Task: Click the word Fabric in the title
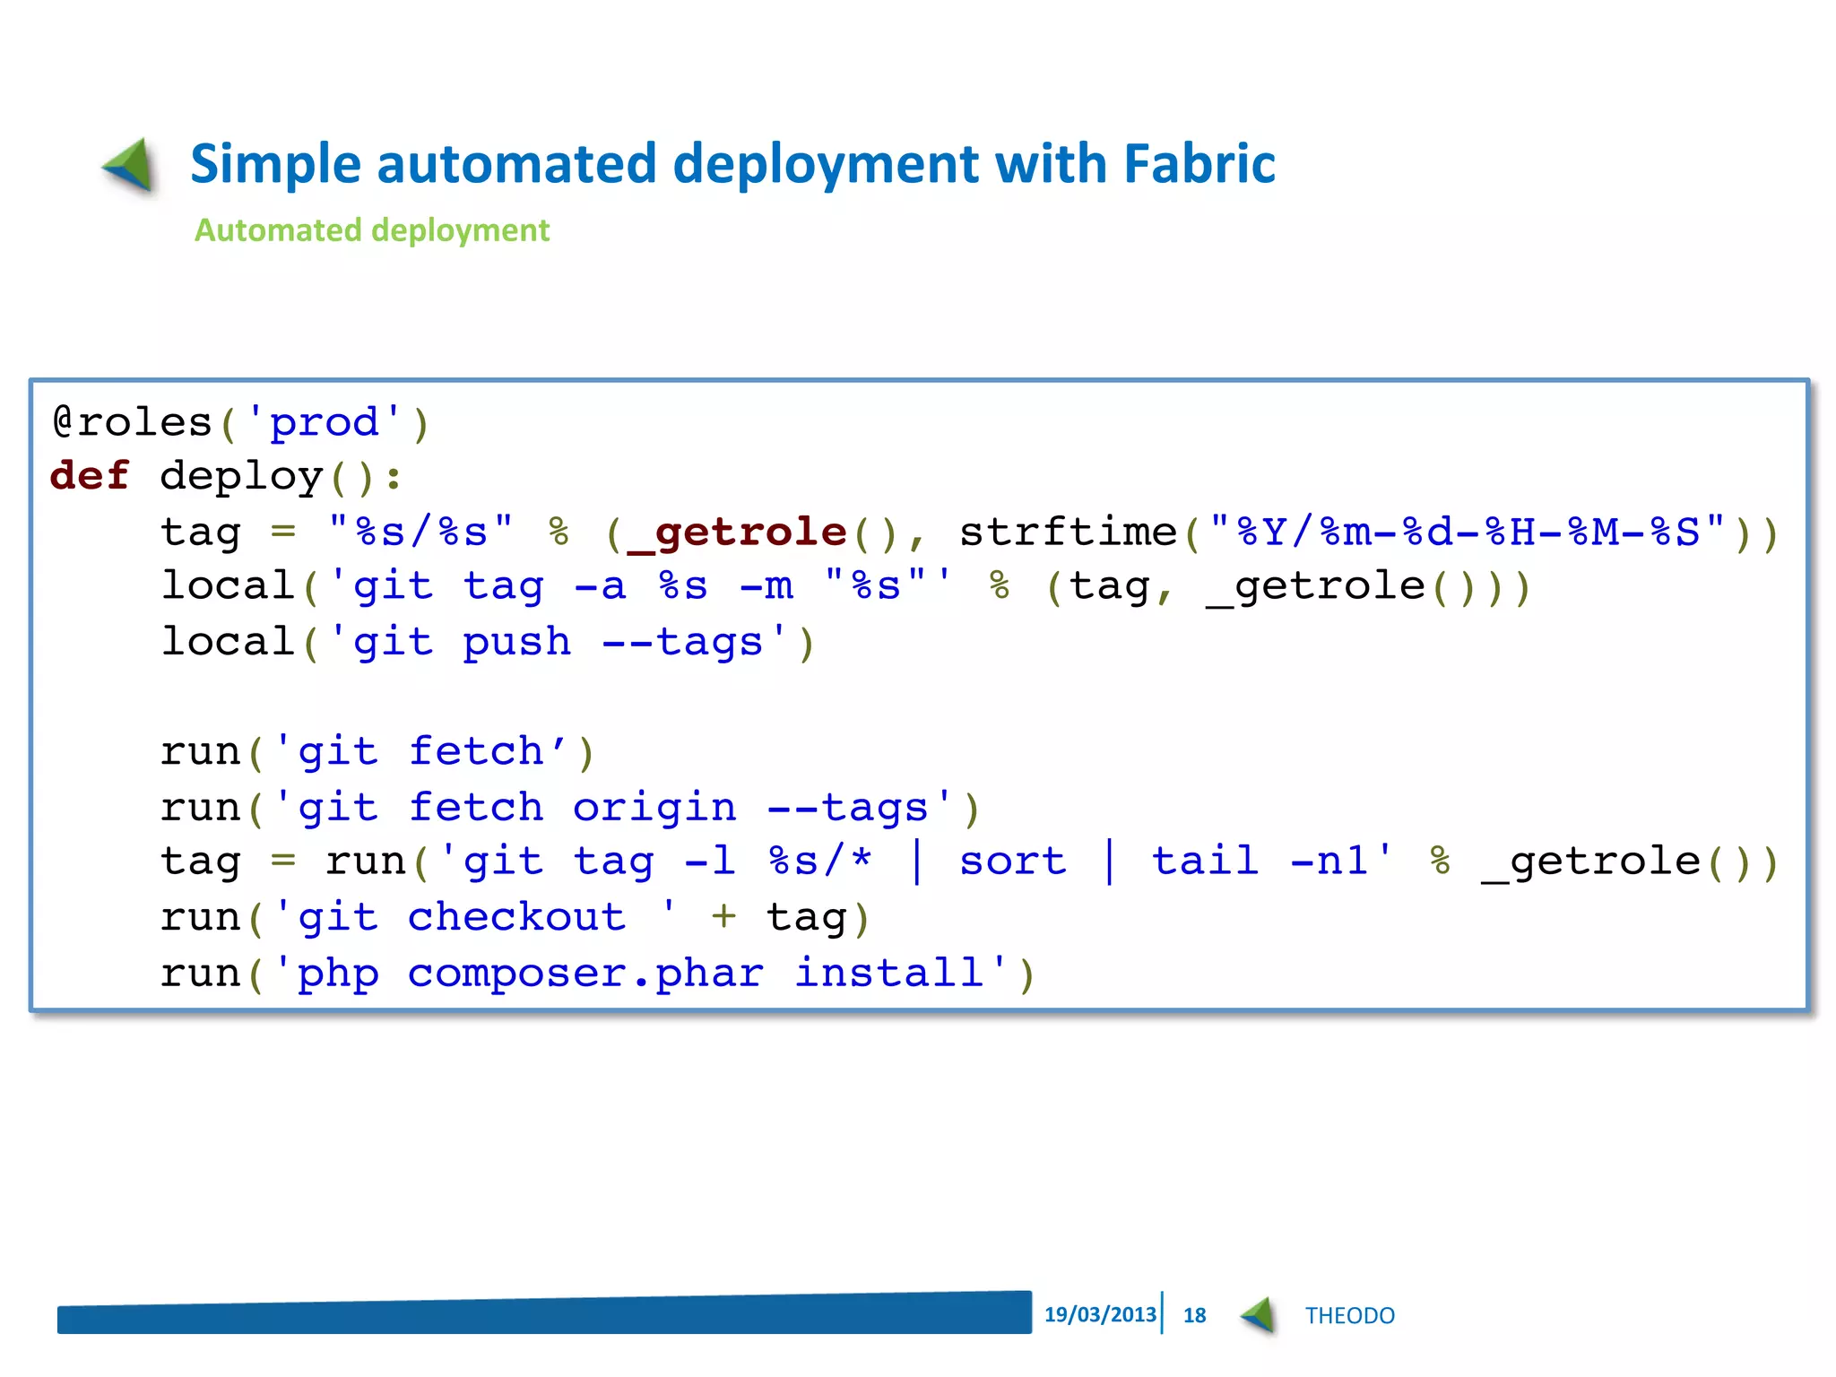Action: (x=1199, y=164)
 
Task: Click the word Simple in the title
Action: (x=274, y=166)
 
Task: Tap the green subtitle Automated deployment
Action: (x=371, y=230)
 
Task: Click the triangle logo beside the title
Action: (x=130, y=165)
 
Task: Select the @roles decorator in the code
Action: (x=131, y=422)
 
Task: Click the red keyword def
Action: (x=90, y=476)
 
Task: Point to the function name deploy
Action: (x=241, y=476)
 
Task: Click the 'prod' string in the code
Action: (x=324, y=422)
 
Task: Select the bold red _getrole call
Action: (x=737, y=533)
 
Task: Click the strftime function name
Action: (x=1068, y=533)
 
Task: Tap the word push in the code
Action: (x=516, y=643)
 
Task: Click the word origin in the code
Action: (x=654, y=808)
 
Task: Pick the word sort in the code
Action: (x=1013, y=862)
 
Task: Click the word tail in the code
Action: (x=1206, y=862)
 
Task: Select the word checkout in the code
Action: (x=516, y=918)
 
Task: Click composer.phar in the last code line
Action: (x=585, y=974)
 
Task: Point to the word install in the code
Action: (x=889, y=974)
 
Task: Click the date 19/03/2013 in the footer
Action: (x=1100, y=1315)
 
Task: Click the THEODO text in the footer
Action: (x=1349, y=1316)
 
